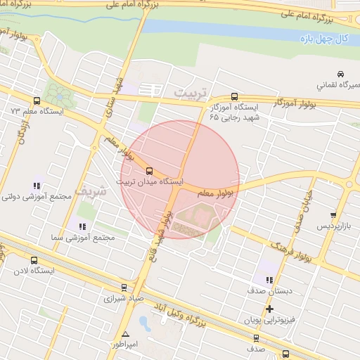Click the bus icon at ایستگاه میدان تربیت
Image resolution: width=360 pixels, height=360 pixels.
tap(149, 170)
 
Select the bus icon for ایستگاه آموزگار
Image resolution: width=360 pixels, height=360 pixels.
tap(234, 97)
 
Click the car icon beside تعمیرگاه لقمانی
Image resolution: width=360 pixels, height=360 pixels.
tap(340, 74)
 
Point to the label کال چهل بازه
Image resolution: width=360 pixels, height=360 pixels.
tap(328, 37)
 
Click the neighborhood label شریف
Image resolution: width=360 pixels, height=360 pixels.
tap(93, 191)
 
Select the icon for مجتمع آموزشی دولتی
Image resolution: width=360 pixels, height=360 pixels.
tap(35, 186)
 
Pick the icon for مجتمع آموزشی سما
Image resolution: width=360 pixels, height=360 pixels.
tap(82, 226)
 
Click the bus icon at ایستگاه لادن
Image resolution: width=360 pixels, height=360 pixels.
tap(34, 260)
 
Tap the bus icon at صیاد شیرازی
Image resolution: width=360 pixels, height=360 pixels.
tap(124, 287)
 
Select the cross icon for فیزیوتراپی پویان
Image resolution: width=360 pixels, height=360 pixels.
tap(269, 309)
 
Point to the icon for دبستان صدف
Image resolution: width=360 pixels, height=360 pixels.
tap(269, 280)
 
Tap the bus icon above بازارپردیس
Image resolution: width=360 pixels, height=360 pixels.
tap(333, 215)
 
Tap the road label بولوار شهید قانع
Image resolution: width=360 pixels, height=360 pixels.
tap(160, 232)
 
